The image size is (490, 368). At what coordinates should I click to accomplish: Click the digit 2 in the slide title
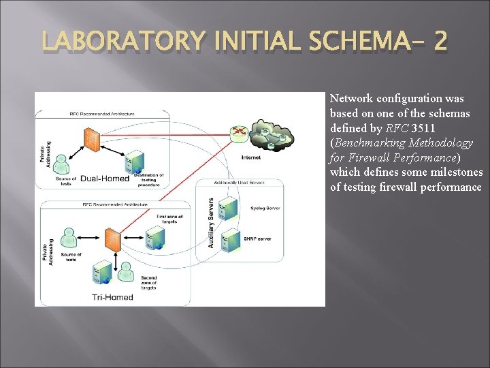tap(440, 42)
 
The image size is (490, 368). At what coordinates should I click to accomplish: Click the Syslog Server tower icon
tap(231, 206)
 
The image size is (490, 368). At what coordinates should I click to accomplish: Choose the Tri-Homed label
tap(112, 296)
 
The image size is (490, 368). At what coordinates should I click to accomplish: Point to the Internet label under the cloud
tap(250, 157)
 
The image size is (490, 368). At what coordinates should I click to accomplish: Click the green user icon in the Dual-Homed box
tap(62, 164)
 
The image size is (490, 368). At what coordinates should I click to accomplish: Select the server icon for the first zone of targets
tap(156, 236)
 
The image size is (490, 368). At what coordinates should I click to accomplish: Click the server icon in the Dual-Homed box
tap(133, 163)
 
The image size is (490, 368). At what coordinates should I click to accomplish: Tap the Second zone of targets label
tap(149, 283)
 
